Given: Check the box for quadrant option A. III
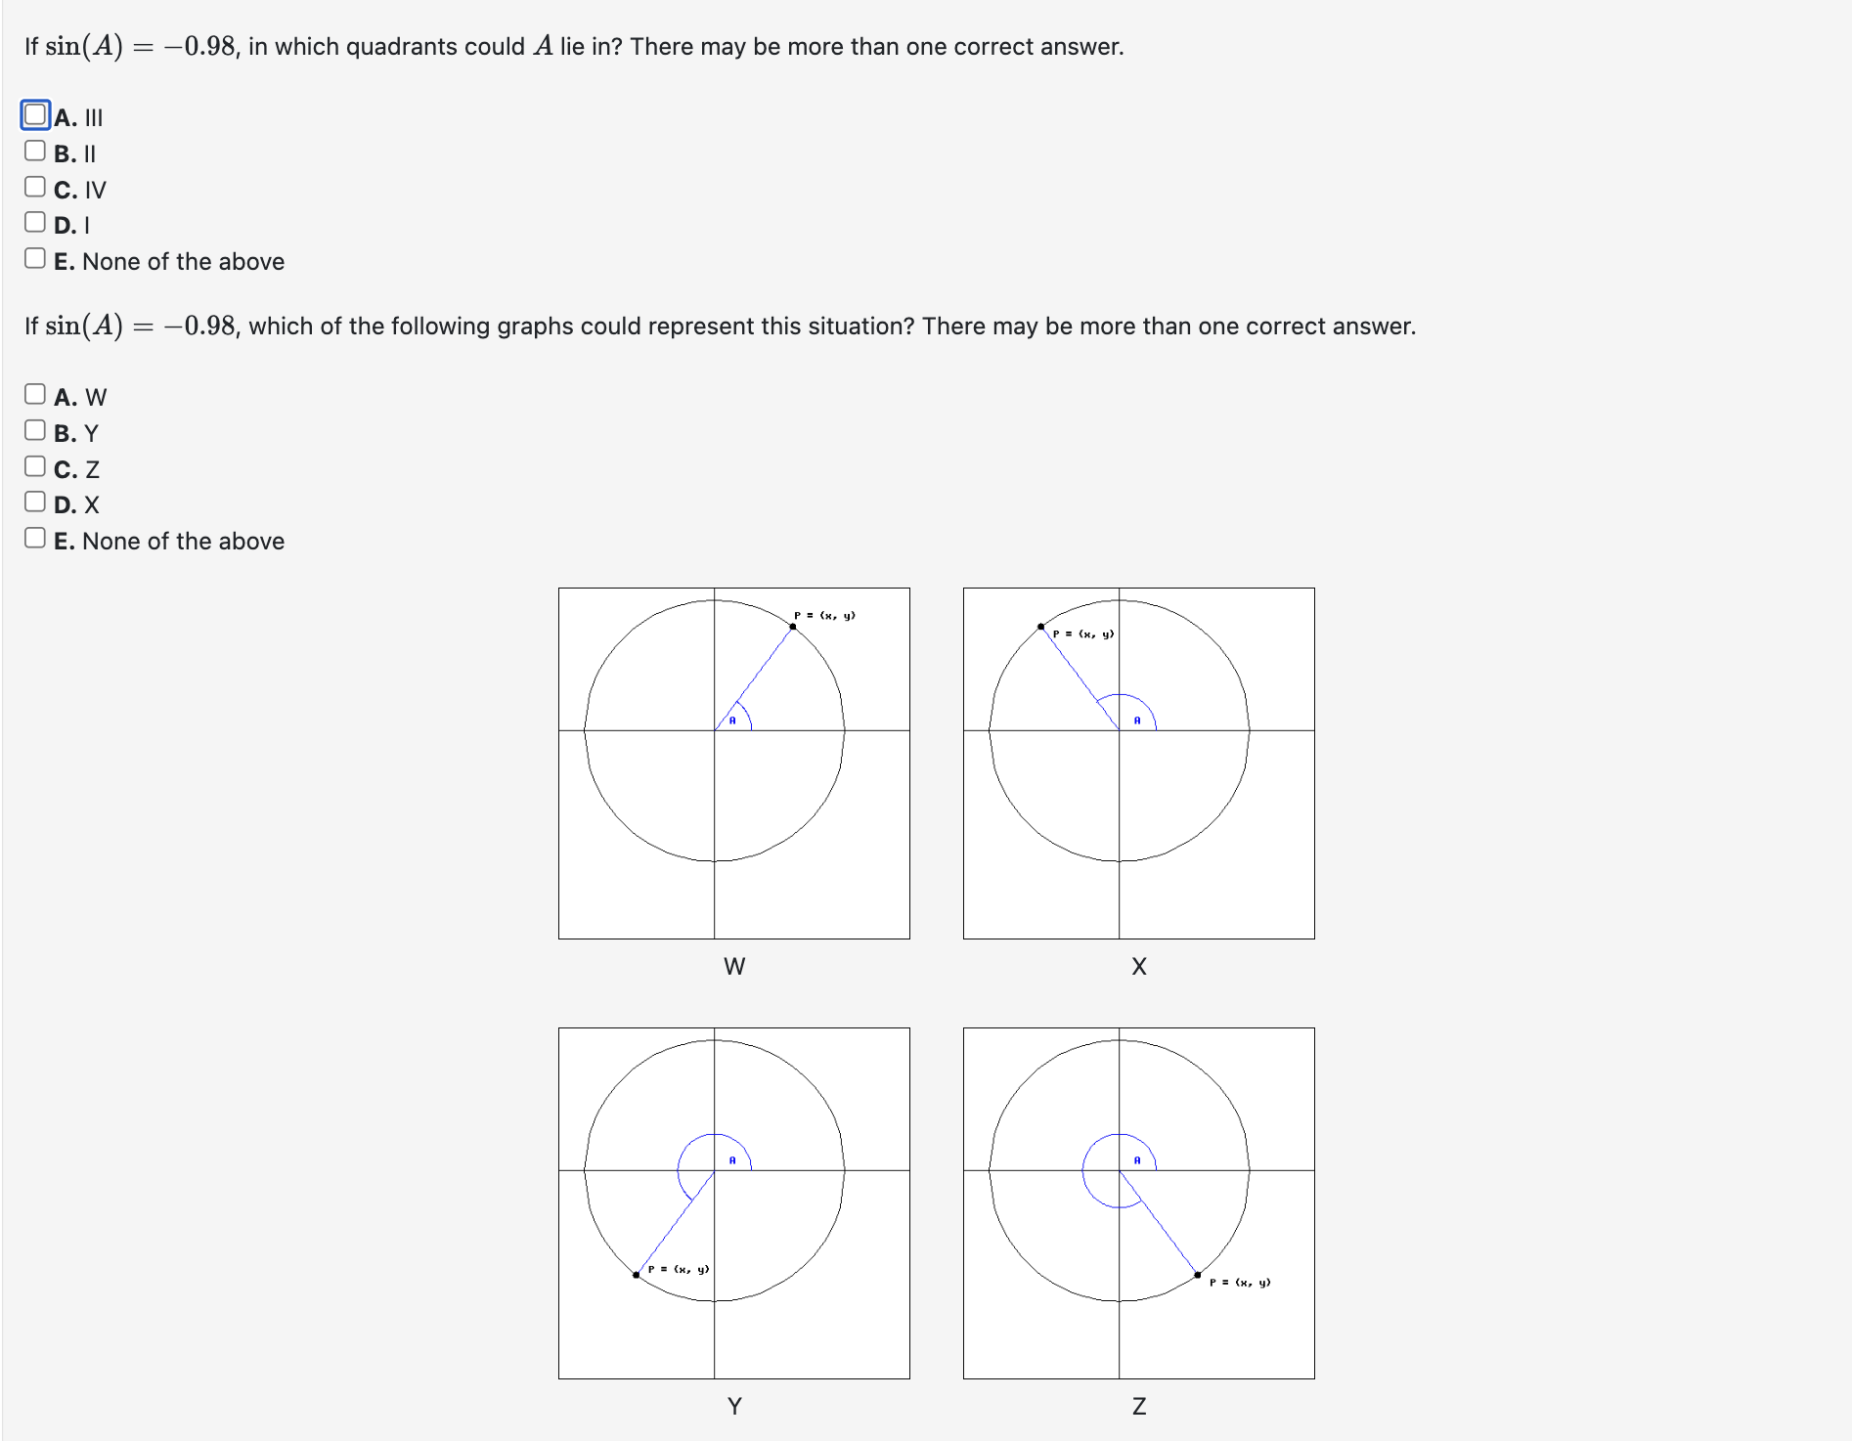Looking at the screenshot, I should click(35, 115).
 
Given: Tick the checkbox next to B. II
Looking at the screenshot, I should click(35, 151).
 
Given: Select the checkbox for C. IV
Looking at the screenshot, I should click(35, 187).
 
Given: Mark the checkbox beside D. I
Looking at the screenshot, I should click(35, 222).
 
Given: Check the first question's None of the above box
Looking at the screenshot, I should click(35, 258).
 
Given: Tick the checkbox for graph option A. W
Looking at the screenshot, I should click(35, 394).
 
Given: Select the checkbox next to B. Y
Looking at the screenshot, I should click(35, 430).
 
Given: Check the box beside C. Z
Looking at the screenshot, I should click(35, 466).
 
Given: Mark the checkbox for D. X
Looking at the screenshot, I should click(35, 502).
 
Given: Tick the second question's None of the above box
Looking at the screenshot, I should click(35, 538).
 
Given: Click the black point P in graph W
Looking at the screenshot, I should click(792, 627).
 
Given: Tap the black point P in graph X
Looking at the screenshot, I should click(1040, 627).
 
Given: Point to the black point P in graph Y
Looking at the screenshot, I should click(637, 1275).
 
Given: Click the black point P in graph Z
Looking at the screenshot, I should click(1198, 1275).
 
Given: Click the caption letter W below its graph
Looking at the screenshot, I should click(734, 967).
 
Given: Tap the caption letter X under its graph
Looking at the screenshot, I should click(1139, 967).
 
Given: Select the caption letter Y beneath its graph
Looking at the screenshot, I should click(734, 1407).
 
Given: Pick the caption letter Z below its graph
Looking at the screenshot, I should click(1139, 1407).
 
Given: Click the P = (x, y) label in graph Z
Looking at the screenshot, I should click(1240, 1283).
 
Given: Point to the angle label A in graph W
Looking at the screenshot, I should click(732, 720).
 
